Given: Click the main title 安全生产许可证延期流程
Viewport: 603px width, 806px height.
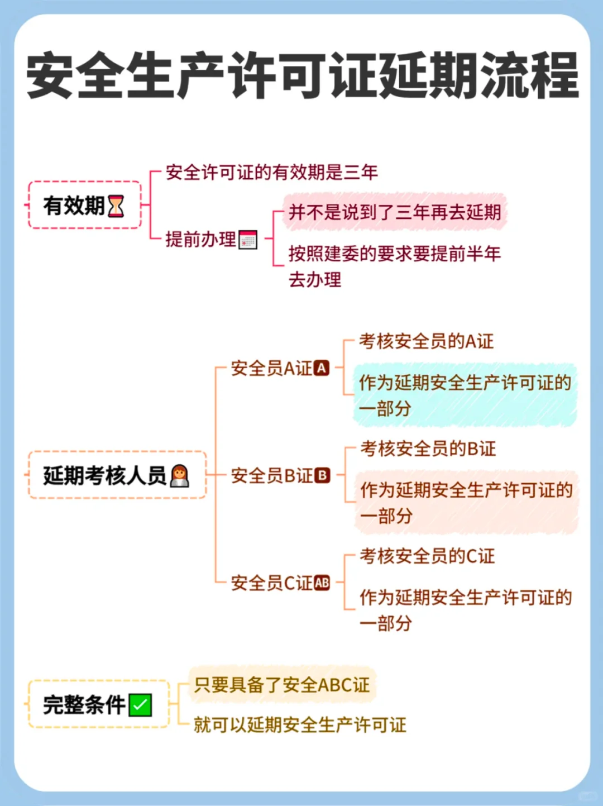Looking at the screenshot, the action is tap(301, 75).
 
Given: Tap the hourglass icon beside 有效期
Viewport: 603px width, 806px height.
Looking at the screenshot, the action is tap(116, 206).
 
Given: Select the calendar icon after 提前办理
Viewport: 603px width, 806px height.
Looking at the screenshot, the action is tap(248, 240).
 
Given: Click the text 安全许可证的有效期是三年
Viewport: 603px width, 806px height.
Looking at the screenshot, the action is tap(271, 172).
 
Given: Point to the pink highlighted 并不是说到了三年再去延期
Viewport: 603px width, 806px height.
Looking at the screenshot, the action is tap(394, 212).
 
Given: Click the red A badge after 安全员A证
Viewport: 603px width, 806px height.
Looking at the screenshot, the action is tap(322, 368).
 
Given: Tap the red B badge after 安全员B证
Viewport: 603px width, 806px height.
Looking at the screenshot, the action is tap(322, 475).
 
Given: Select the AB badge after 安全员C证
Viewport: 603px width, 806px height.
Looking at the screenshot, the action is tap(322, 583).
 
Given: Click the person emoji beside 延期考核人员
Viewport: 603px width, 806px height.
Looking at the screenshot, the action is tap(179, 476).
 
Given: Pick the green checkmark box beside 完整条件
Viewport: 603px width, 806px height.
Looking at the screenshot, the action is tap(140, 705).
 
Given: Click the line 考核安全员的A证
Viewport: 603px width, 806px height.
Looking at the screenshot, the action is tap(427, 341).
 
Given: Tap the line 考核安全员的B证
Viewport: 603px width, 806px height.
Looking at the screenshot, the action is tap(428, 448).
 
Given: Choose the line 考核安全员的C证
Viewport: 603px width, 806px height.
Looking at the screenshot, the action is tap(427, 556).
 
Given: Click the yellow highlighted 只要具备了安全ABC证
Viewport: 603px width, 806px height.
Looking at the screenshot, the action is tap(282, 684).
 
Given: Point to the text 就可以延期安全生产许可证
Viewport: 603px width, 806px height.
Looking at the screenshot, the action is tap(300, 724).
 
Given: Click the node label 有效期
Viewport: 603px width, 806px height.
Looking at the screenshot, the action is tap(74, 206).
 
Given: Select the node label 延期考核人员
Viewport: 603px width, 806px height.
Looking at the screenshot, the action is tap(104, 475).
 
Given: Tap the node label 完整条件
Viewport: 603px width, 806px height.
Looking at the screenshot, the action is tap(84, 704).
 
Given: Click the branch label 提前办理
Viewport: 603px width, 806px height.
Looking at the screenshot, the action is tap(200, 239).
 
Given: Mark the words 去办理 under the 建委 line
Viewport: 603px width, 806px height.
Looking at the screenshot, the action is tap(315, 279).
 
